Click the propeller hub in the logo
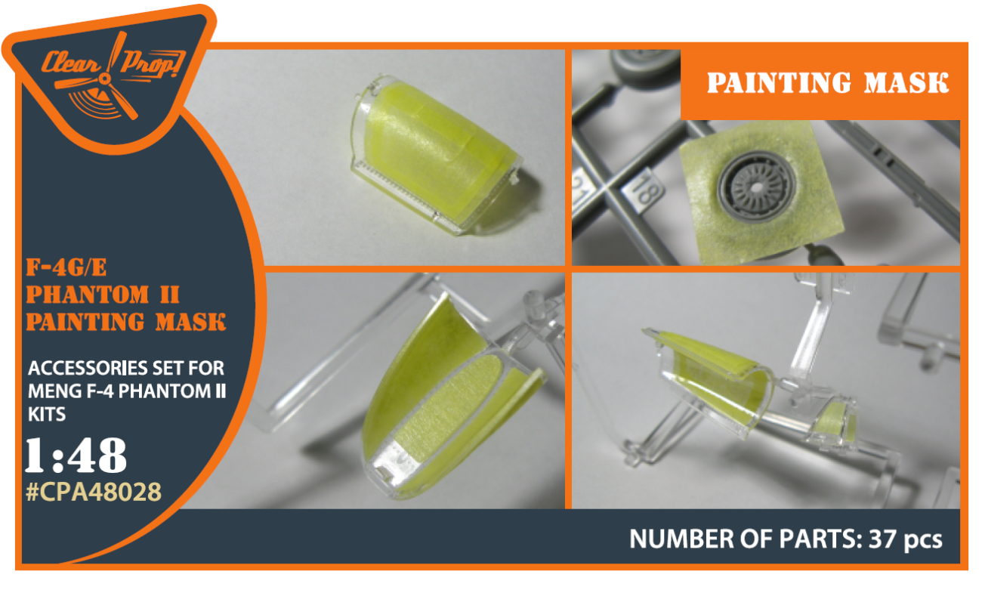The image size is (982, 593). coord(105,79)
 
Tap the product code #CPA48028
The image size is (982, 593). coord(94,492)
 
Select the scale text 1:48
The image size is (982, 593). coord(76,456)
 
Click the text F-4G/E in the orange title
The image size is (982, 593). coord(66,267)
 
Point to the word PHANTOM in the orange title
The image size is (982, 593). coord(88,295)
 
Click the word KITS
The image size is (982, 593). coord(47,414)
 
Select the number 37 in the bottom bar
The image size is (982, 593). coord(882,539)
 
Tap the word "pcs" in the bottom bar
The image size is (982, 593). coord(923,541)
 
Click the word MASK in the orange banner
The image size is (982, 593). coord(906,82)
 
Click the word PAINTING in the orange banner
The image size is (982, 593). coord(780,82)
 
